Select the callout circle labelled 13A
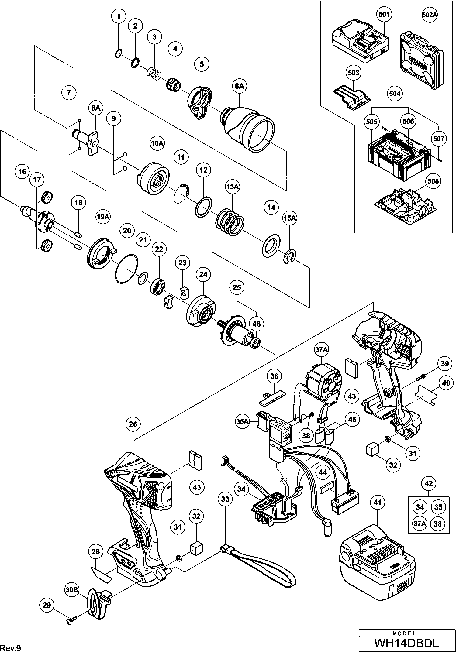coord(232,187)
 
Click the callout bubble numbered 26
coord(133,424)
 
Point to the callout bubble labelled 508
coord(433,181)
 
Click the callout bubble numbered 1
coord(119,16)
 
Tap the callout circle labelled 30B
coord(72,590)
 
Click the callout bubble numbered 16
coord(22,172)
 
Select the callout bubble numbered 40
coord(446,383)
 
